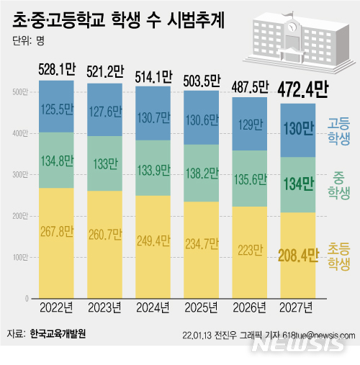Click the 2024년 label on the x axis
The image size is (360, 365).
(x=153, y=308)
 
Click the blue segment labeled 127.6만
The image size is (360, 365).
(x=104, y=112)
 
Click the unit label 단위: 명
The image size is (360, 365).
(x=29, y=41)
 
